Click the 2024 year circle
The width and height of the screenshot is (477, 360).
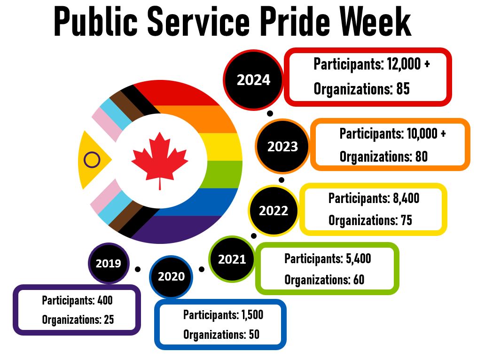253,80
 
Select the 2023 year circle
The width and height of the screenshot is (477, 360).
283,146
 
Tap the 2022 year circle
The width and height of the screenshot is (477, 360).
274,210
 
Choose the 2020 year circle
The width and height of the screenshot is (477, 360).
171,276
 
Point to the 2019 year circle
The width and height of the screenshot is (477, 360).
108,263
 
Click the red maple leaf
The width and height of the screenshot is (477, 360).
160,157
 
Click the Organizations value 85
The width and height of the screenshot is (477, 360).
403,89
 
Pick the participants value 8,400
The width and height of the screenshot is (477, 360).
406,198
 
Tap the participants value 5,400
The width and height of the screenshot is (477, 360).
358,258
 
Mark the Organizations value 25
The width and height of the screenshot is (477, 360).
109,320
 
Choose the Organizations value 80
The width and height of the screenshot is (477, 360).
421,157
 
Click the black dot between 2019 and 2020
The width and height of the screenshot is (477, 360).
138,269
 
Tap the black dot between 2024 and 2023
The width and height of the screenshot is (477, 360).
270,114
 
